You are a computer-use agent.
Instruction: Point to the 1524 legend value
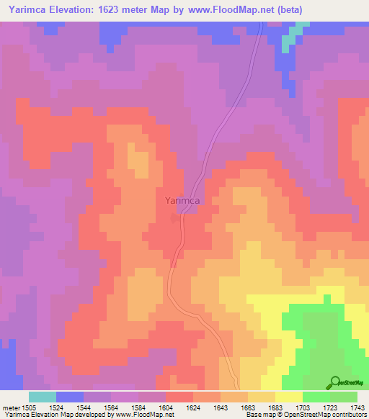point(55,407)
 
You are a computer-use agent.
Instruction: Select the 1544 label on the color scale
point(84,407)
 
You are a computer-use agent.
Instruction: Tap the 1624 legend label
point(192,407)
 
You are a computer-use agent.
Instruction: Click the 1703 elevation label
point(302,407)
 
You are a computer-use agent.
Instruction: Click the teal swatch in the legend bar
point(43,397)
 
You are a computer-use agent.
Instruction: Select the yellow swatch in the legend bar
point(289,397)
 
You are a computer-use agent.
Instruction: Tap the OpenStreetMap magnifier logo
point(334,382)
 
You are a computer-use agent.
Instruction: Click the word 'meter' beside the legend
point(11,407)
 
